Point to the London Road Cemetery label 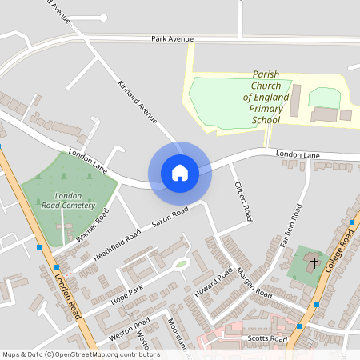[69, 200]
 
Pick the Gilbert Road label [242, 202]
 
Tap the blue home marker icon [179, 172]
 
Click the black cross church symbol [314, 262]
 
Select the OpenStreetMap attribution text [81, 354]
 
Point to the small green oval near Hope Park [182, 263]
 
